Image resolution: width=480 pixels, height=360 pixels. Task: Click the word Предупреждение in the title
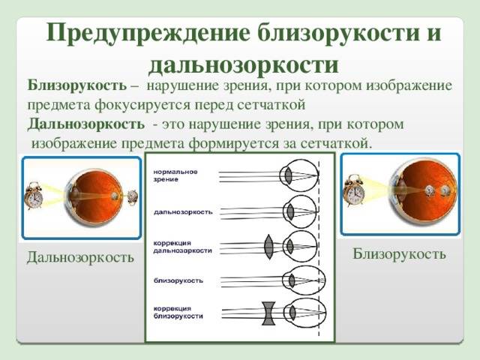point(148,33)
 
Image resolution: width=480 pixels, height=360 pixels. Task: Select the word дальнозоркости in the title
point(243,64)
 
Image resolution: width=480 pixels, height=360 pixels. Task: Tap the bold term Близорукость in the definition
point(76,85)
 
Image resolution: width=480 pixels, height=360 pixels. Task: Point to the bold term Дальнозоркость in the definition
point(86,124)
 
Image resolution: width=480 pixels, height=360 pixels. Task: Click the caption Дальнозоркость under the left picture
point(80,257)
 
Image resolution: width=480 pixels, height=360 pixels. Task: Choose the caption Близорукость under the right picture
point(399,254)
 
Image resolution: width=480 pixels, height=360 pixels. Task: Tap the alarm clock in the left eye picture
point(34,196)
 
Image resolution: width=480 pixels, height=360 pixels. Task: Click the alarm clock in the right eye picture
point(354,190)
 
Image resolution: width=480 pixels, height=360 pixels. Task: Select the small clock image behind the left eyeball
point(133,196)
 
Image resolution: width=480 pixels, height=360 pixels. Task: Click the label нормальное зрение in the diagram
point(175,175)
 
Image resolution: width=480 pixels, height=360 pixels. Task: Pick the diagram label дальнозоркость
point(183,211)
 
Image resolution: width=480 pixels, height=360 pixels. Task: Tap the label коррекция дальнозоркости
point(182,247)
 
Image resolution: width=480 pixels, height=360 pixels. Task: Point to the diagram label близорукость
point(178,280)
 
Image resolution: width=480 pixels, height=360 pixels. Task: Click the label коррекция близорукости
point(178,312)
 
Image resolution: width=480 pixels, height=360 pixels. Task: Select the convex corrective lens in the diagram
point(268,247)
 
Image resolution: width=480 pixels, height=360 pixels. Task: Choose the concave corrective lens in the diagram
point(268,313)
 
